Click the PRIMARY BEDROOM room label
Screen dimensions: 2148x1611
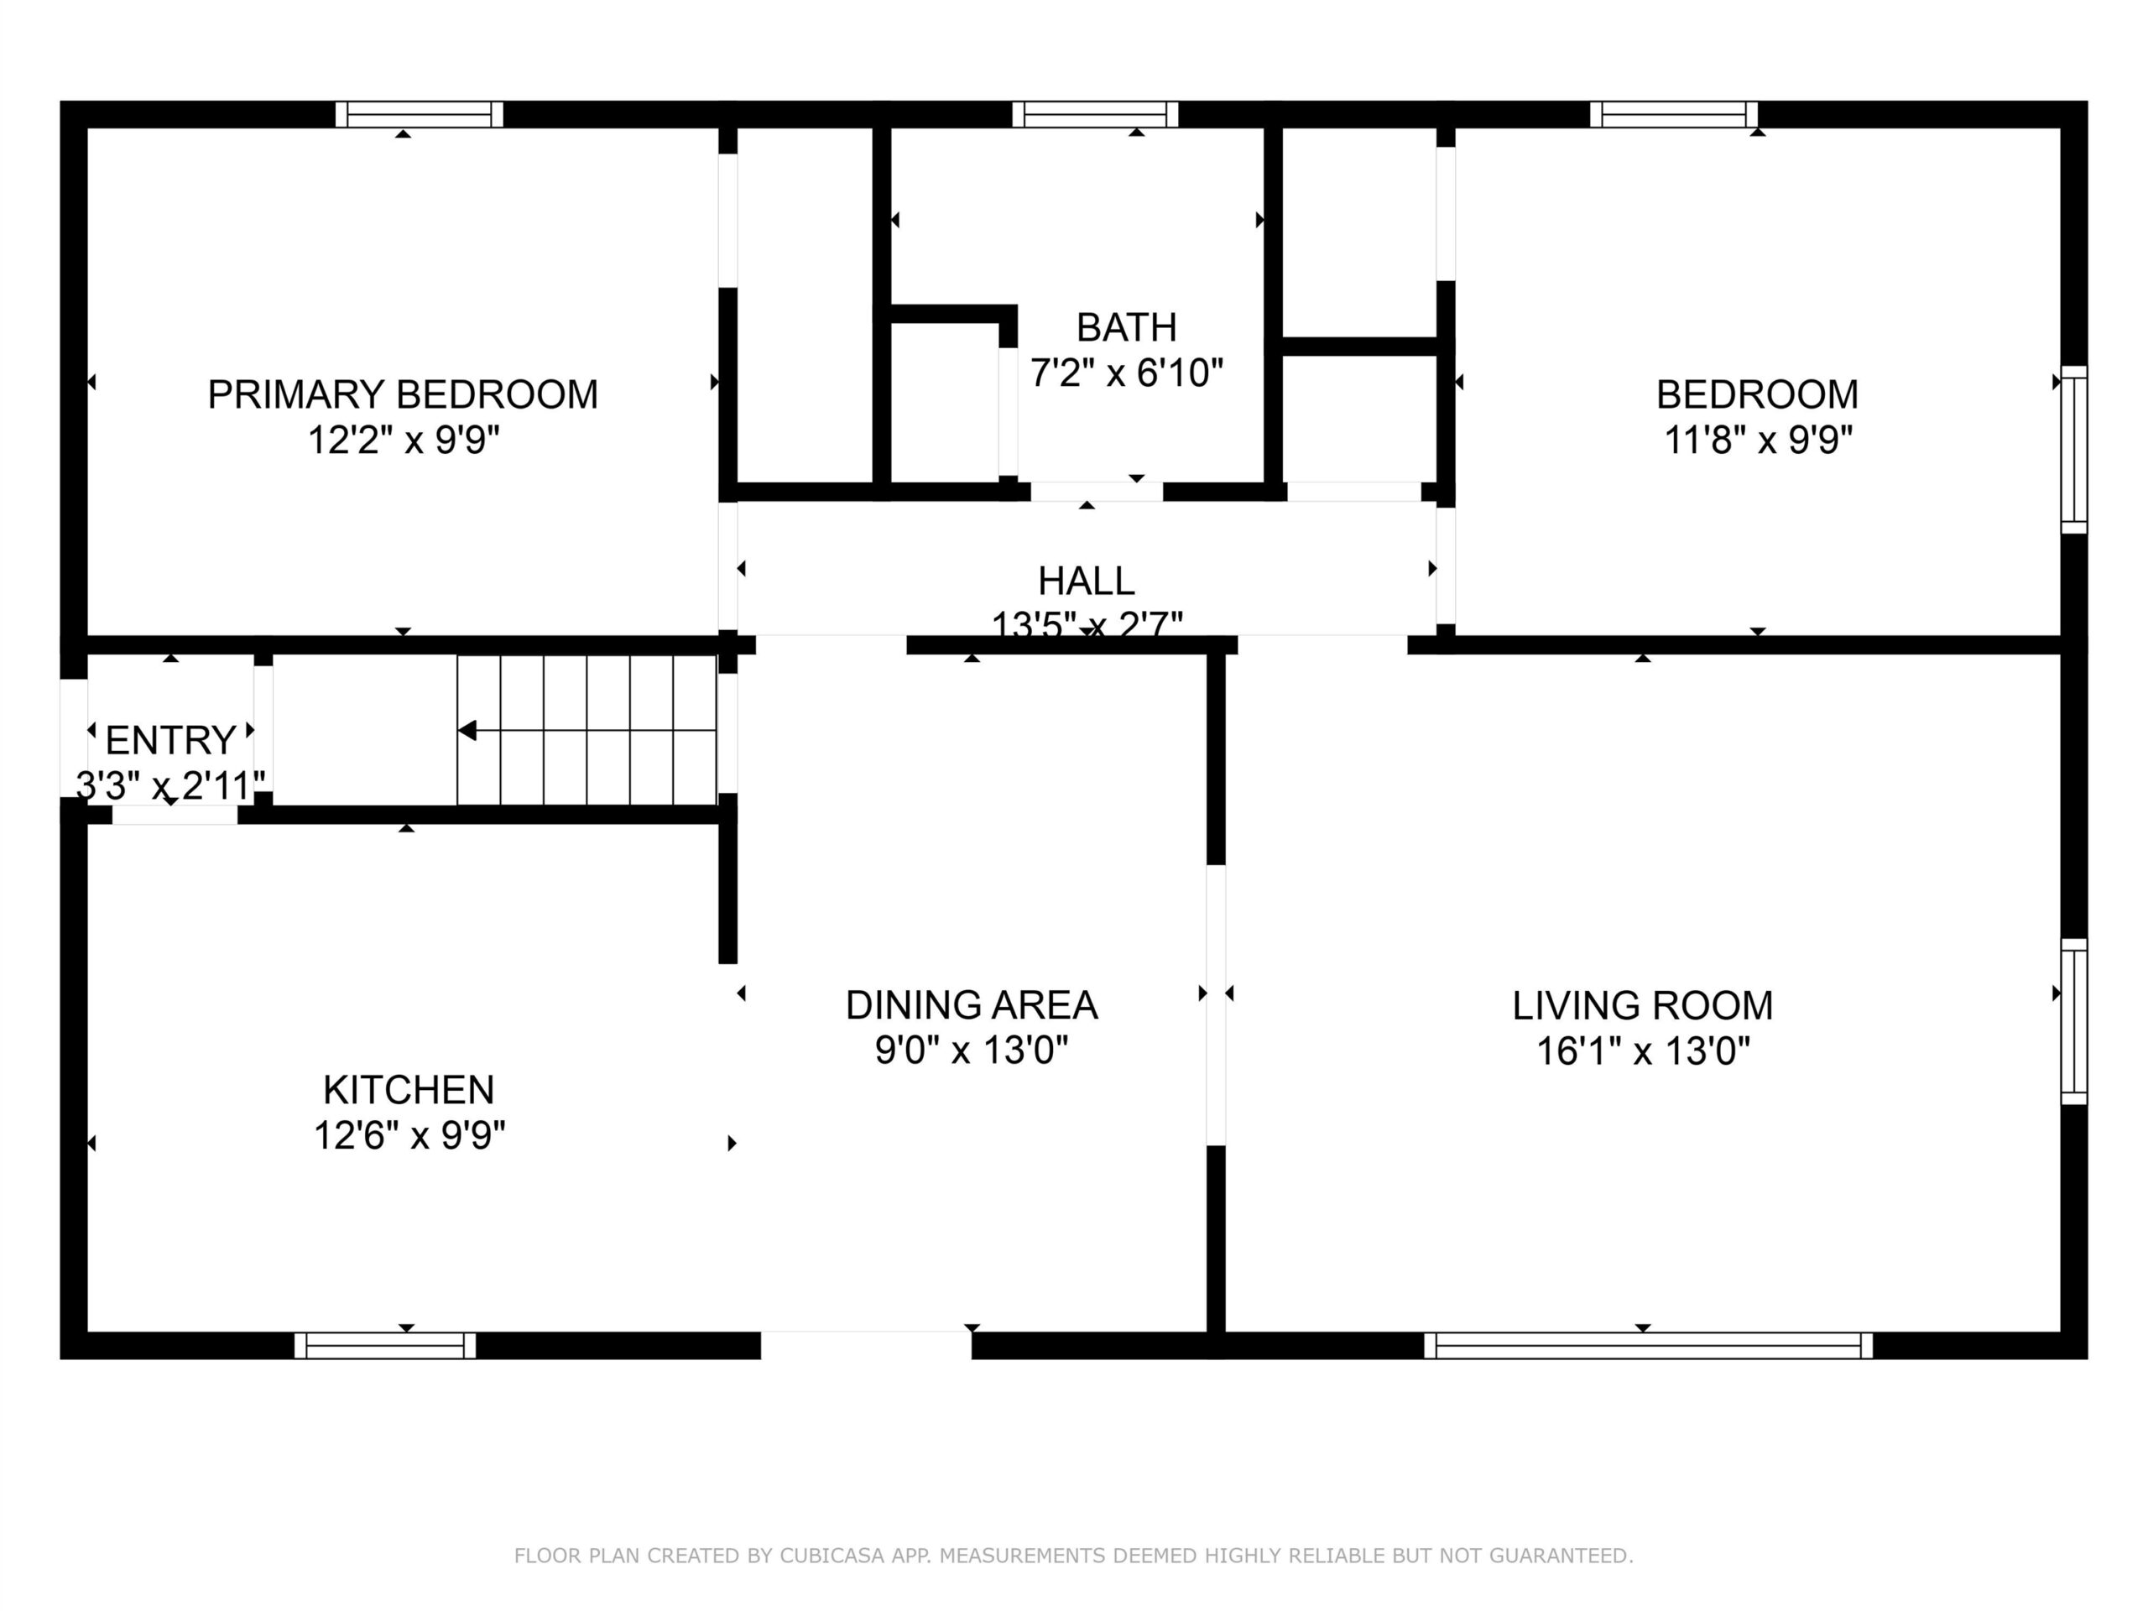[403, 394]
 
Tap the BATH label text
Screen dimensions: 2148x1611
[1126, 327]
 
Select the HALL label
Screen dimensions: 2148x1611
[1087, 581]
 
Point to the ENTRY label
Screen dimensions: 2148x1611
[171, 740]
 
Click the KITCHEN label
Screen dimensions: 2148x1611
[409, 1090]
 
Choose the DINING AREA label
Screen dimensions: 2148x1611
[972, 1005]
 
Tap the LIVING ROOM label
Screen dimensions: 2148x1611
[1643, 1005]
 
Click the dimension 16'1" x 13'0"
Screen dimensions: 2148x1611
[1643, 1051]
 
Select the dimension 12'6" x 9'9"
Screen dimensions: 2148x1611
[409, 1134]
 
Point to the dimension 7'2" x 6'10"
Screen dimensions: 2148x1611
[1126, 372]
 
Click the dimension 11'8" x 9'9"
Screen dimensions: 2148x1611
[1758, 440]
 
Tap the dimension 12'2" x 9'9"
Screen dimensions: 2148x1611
[403, 440]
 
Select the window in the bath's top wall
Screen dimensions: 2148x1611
[1095, 115]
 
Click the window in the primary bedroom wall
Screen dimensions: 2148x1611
[420, 115]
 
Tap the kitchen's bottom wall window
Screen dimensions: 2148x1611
[385, 1345]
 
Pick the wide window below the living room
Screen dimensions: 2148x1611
[1648, 1345]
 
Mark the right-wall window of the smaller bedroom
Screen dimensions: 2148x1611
[2073, 450]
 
